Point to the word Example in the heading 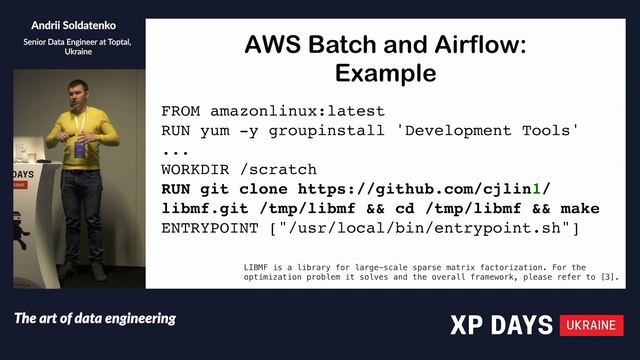tap(385, 73)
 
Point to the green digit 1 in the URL tap(536, 189)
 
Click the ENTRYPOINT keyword tap(208, 229)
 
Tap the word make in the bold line tap(580, 209)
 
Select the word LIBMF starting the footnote tap(258, 267)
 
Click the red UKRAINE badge tap(593, 325)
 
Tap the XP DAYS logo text tap(500, 325)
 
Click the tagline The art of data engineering tap(95, 319)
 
